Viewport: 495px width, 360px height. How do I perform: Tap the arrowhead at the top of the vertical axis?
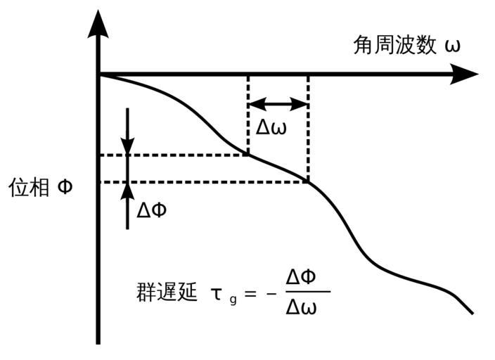click(98, 25)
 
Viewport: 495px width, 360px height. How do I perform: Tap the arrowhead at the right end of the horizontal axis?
click(465, 74)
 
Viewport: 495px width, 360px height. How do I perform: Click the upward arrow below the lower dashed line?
click(127, 205)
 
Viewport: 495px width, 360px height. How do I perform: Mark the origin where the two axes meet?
click(98, 74)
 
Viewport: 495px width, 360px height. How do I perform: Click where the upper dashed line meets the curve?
click(248, 155)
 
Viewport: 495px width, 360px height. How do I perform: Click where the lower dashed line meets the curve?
click(308, 182)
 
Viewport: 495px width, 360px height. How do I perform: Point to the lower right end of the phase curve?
click(471, 312)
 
